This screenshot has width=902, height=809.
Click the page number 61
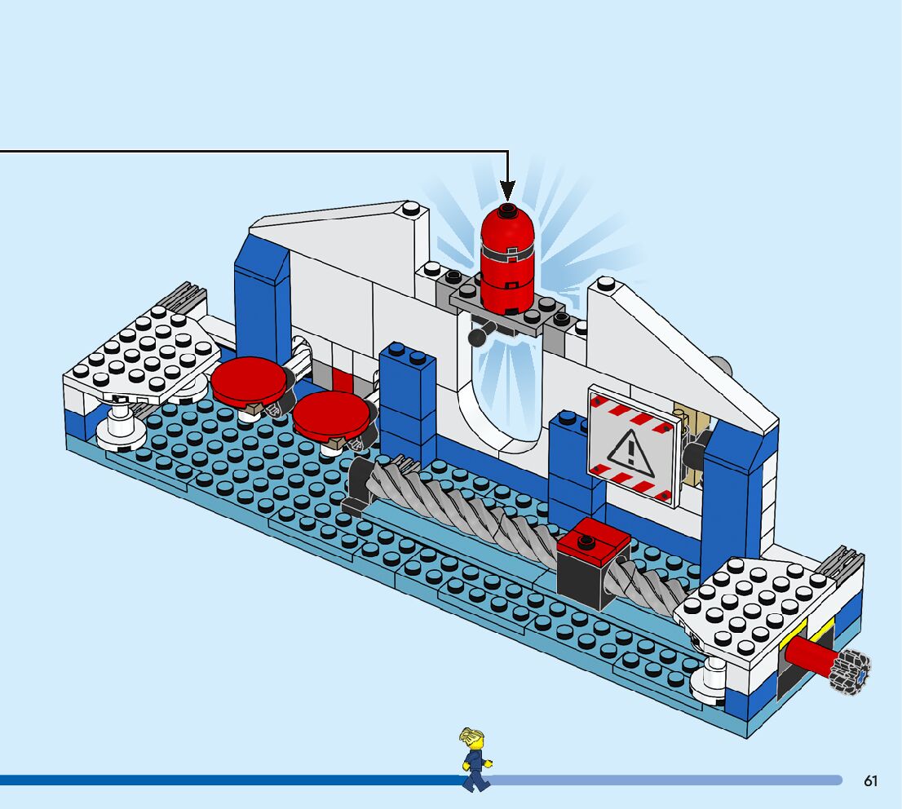pos(870,781)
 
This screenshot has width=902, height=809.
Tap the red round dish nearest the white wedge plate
pos(248,384)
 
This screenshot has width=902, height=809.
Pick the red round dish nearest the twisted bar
pos(331,414)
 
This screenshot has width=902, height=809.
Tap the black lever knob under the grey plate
pos(477,337)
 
